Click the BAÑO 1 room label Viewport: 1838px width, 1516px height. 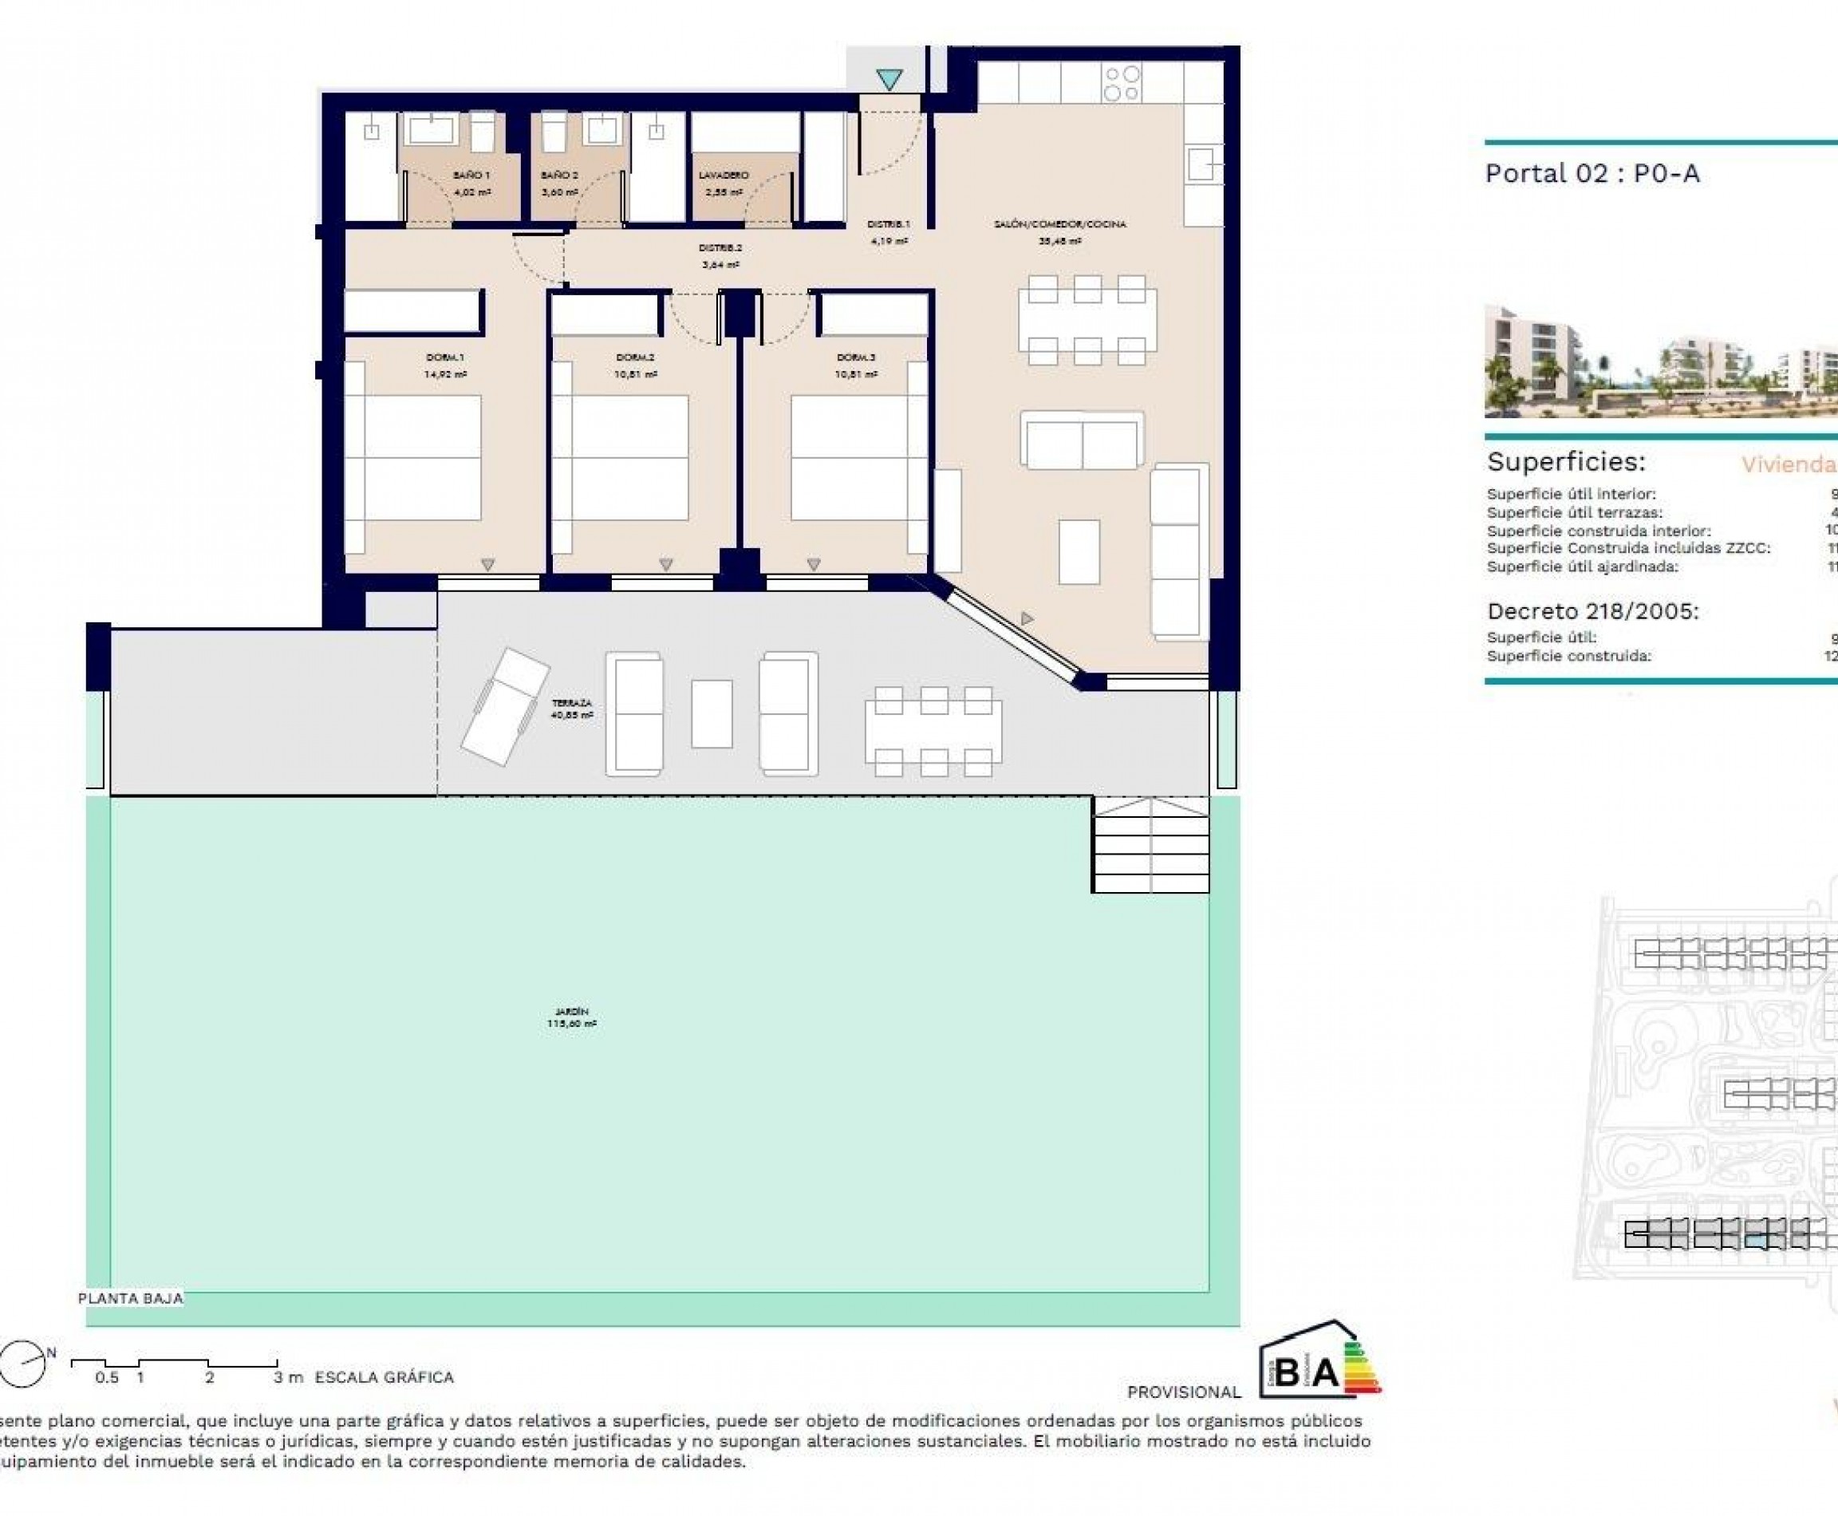tap(471, 176)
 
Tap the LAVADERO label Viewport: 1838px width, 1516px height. tap(723, 176)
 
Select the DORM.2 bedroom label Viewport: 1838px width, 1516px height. tap(635, 357)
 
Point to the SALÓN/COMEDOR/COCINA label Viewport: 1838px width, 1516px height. tap(1059, 224)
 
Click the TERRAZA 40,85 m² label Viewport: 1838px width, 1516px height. tap(572, 709)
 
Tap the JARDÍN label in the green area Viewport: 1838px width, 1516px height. tap(572, 1017)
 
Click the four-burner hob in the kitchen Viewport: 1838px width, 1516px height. tap(1122, 84)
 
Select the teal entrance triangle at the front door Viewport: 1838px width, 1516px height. tap(889, 80)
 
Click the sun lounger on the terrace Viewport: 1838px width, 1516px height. tap(505, 705)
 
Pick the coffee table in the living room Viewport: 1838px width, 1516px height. tap(1079, 552)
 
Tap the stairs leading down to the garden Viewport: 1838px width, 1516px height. tap(1151, 844)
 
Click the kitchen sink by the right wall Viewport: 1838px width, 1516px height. tap(1202, 164)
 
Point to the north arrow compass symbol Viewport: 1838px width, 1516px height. tap(24, 1363)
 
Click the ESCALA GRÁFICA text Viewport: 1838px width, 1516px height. tap(385, 1377)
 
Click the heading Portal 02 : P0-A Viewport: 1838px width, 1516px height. tap(1591, 174)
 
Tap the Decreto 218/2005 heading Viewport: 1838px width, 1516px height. tap(1592, 611)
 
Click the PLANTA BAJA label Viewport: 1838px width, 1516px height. tap(131, 1298)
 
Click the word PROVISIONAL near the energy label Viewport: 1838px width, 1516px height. tap(1183, 1392)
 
